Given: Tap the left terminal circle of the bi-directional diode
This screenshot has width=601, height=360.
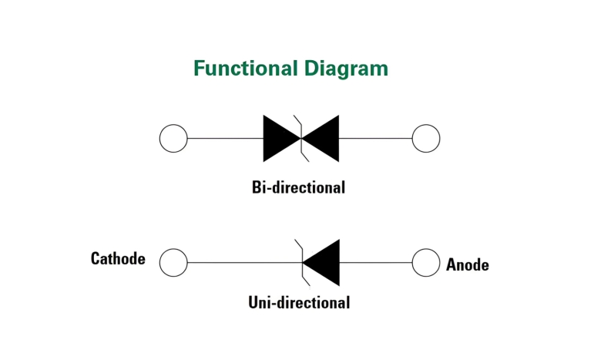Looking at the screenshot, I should point(173,139).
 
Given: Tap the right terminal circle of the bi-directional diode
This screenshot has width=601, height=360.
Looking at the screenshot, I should point(426,139).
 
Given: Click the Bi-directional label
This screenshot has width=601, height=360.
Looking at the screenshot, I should point(298,187).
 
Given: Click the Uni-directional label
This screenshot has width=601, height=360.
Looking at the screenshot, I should point(299,302).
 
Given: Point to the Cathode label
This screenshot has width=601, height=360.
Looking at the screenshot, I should point(118,259).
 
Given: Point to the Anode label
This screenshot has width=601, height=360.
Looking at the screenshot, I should point(467,265).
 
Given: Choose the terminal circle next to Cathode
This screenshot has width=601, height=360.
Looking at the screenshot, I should point(173,262).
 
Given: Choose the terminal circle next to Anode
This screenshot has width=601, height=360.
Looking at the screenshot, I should point(426,262).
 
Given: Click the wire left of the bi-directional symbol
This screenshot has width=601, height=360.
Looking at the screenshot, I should point(225,139).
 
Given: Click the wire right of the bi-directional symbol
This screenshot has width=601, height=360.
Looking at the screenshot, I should point(375,139).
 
